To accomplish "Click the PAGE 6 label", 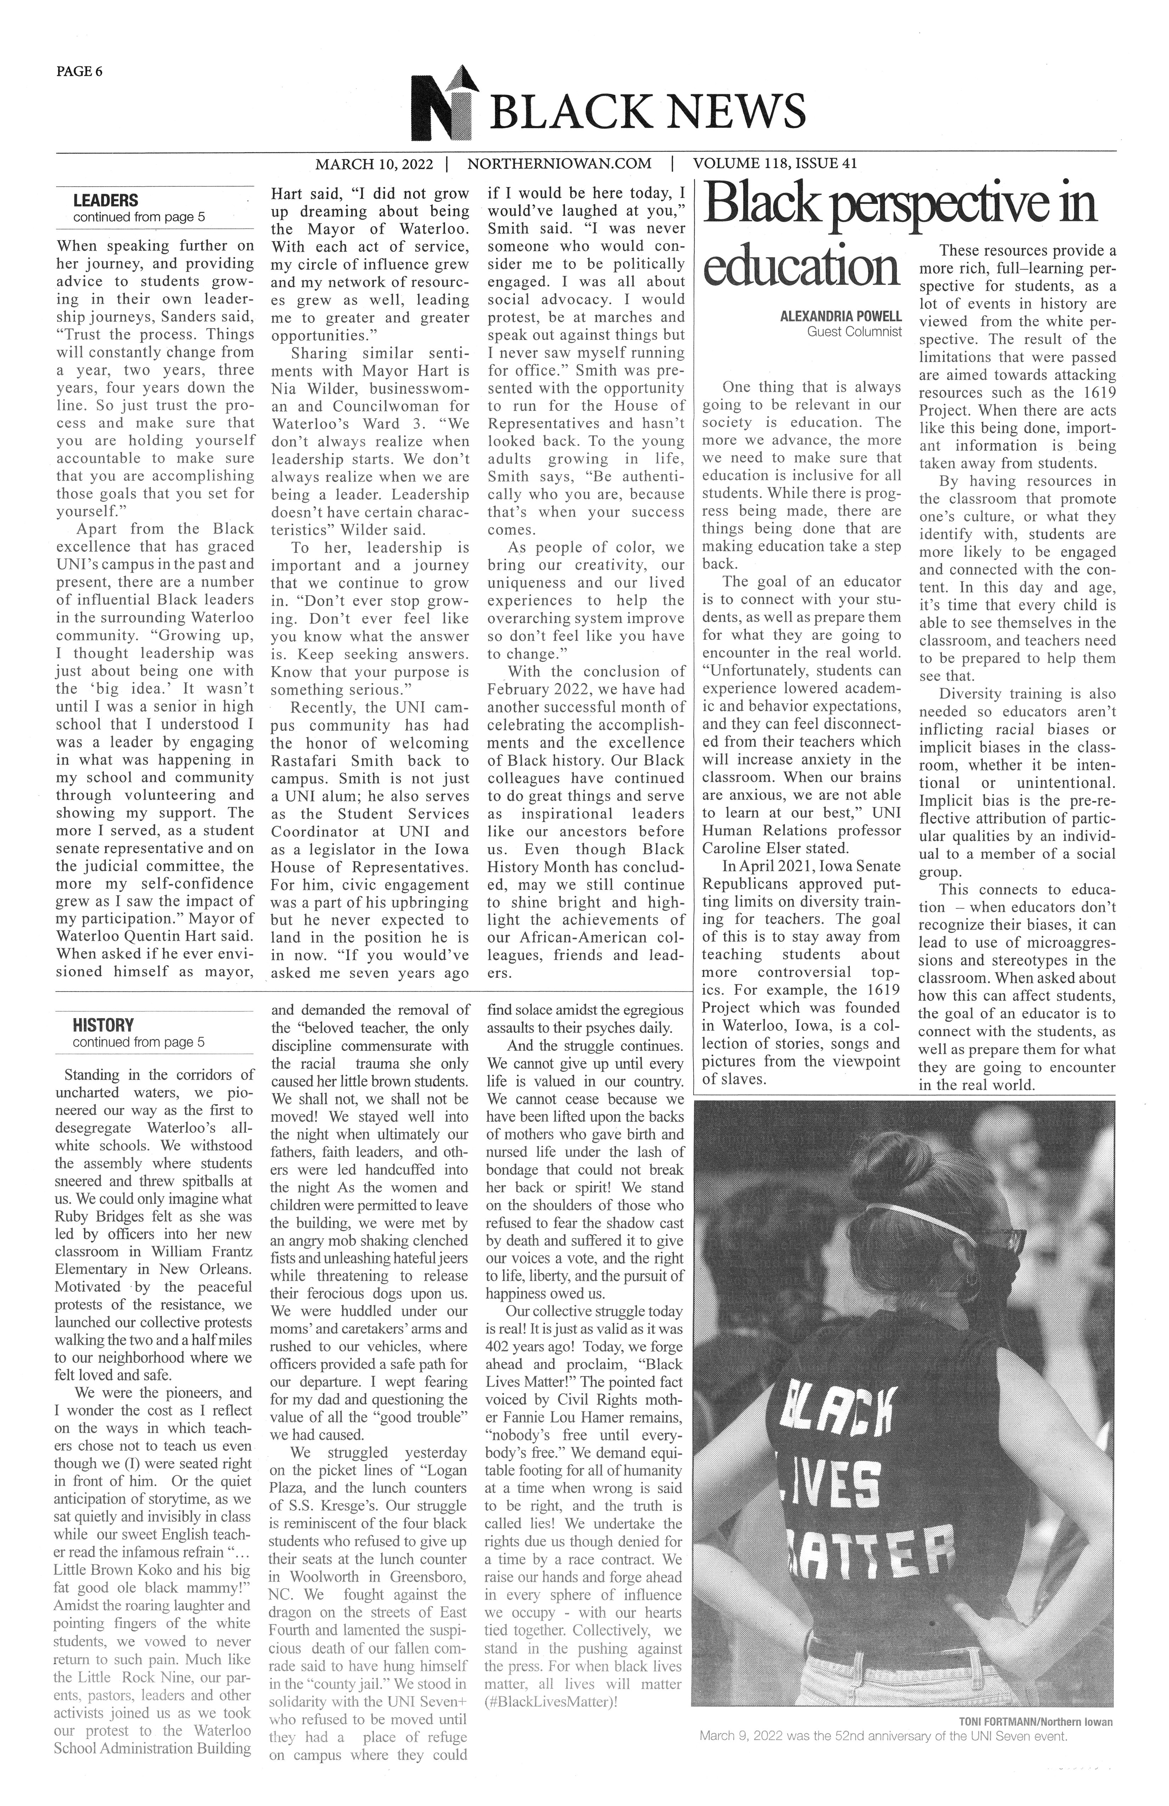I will click(79, 72).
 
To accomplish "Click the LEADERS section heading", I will click(106, 201).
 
